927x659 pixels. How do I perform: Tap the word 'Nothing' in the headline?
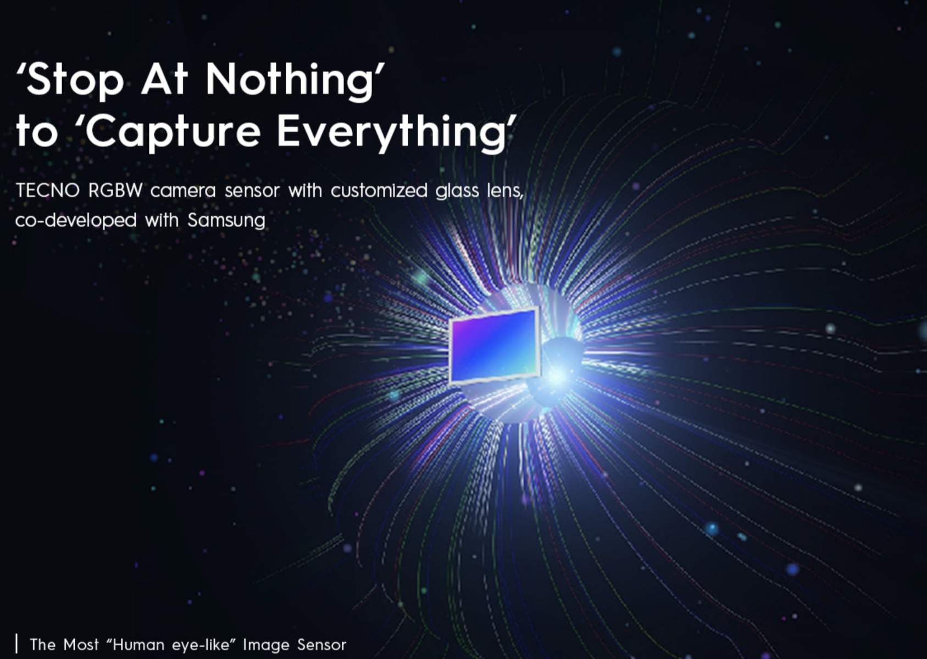coord(290,80)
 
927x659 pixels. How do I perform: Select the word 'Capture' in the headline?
coord(174,132)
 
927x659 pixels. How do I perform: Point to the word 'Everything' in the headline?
coord(392,132)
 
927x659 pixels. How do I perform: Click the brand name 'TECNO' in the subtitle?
coord(47,191)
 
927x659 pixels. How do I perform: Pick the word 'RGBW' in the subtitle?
coord(115,191)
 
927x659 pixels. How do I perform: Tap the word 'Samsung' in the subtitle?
coord(226,221)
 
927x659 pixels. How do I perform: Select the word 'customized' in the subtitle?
coord(379,192)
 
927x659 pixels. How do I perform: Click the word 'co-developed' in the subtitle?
coord(76,221)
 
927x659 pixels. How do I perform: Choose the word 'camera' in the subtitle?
coord(183,192)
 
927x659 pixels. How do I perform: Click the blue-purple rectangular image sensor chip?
coord(493,346)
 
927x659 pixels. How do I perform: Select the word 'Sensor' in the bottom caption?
coord(321,645)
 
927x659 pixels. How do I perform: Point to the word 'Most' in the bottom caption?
coord(81,645)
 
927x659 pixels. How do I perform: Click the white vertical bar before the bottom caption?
coord(16,643)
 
